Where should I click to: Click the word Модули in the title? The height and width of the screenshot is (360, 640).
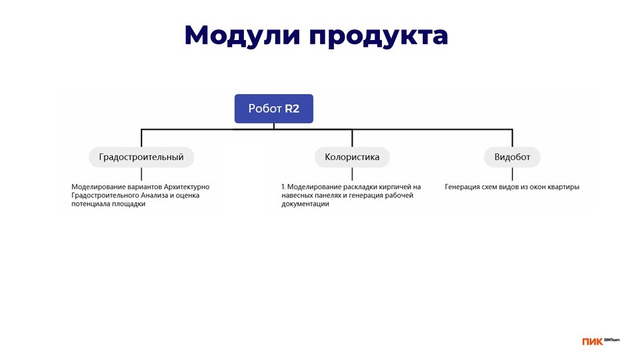click(x=243, y=35)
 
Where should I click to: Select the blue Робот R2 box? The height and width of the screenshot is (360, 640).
click(x=274, y=109)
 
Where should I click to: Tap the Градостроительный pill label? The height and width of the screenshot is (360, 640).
click(x=141, y=157)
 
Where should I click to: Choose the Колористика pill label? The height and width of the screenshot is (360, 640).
click(x=352, y=157)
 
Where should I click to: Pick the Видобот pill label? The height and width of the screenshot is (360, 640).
click(x=512, y=157)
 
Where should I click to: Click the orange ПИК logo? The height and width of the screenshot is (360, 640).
click(x=592, y=342)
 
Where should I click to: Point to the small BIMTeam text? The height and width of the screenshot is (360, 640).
click(x=612, y=339)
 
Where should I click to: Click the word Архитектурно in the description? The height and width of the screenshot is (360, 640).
click(x=187, y=187)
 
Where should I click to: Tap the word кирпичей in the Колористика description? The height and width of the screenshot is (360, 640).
click(x=395, y=187)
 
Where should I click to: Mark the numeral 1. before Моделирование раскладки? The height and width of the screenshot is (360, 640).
click(x=283, y=187)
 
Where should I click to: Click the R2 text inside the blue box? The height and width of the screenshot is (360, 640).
click(x=292, y=109)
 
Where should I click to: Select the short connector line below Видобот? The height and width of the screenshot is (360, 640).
click(x=512, y=174)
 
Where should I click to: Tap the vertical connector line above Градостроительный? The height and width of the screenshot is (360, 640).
click(x=141, y=138)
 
